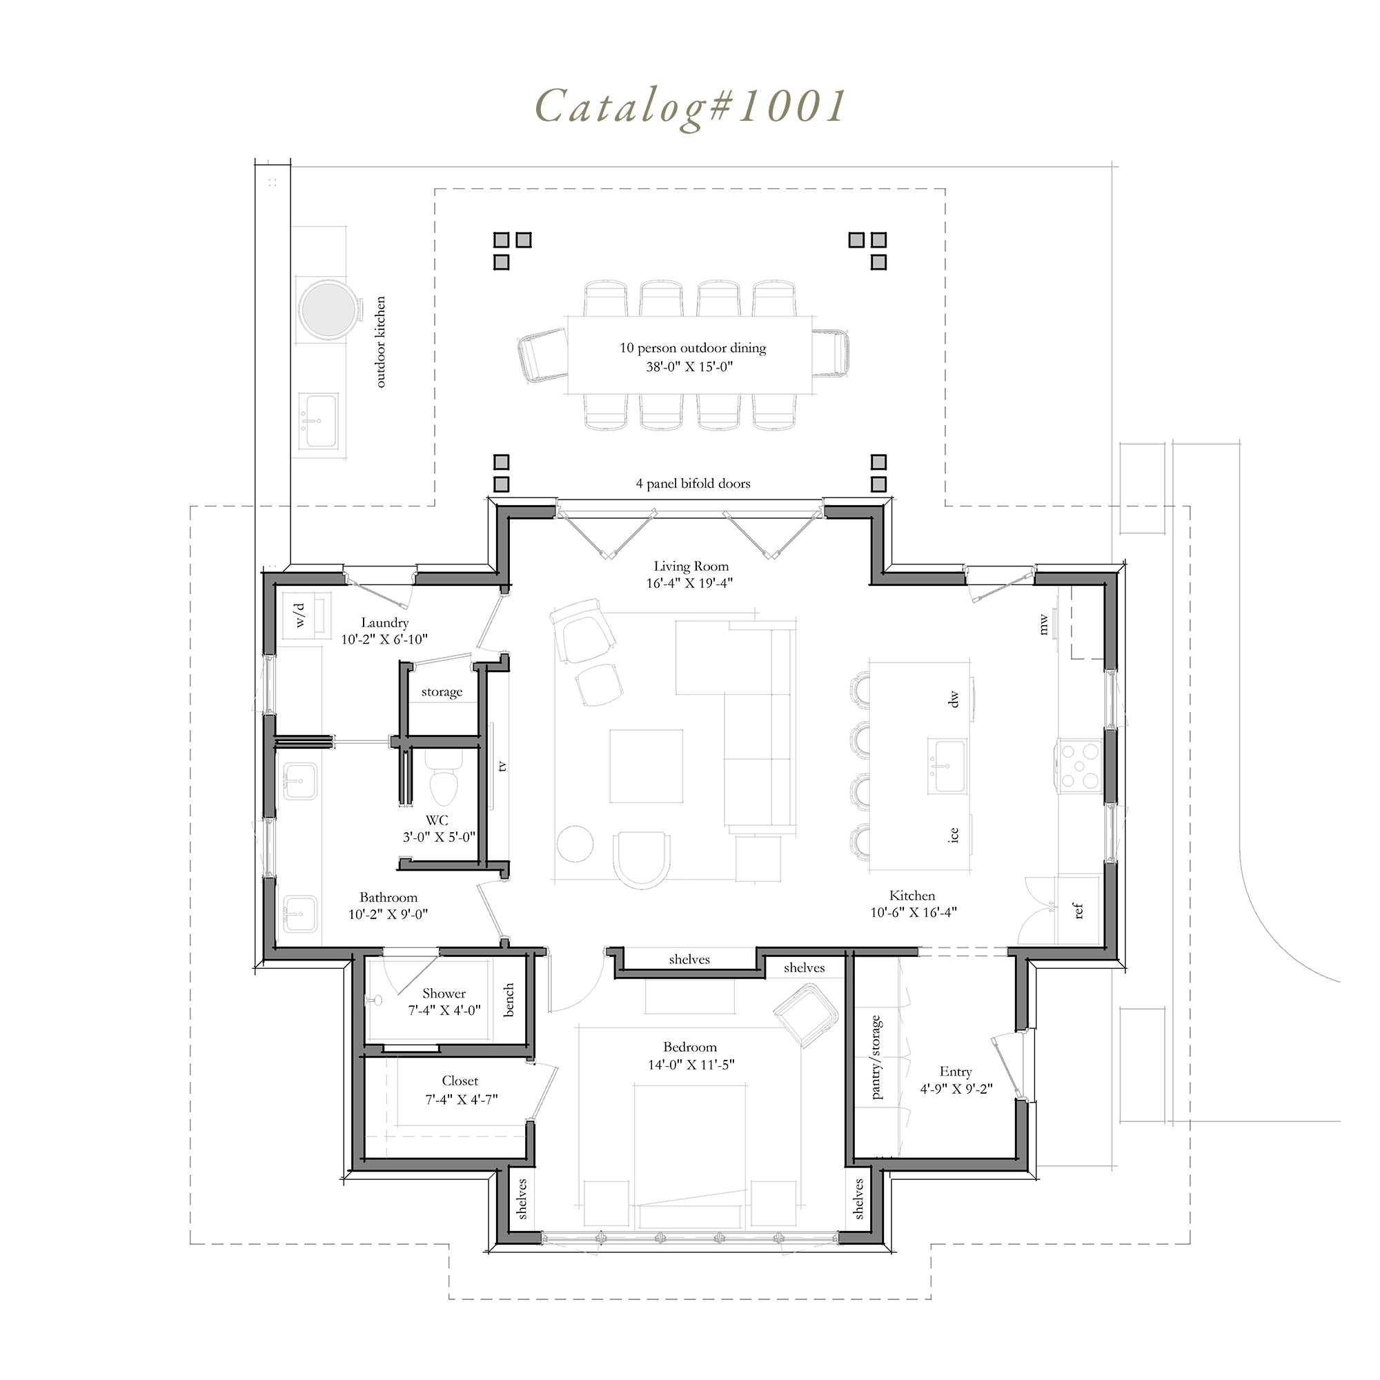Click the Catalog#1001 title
pyautogui.click(x=690, y=108)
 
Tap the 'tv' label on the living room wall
pyautogui.click(x=502, y=766)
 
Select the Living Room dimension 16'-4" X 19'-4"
pyautogui.click(x=689, y=583)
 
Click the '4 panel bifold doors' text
pyautogui.click(x=693, y=484)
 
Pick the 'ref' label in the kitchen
pyautogui.click(x=1078, y=911)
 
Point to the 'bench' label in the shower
pyautogui.click(x=509, y=1000)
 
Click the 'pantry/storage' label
pyautogui.click(x=876, y=1056)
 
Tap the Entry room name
pyautogui.click(x=956, y=1072)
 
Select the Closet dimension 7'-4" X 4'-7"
pyautogui.click(x=462, y=1099)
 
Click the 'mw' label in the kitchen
pyautogui.click(x=1043, y=624)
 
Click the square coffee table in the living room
pyautogui.click(x=647, y=767)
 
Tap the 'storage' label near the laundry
pyautogui.click(x=442, y=691)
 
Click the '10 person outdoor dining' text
pyautogui.click(x=692, y=348)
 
